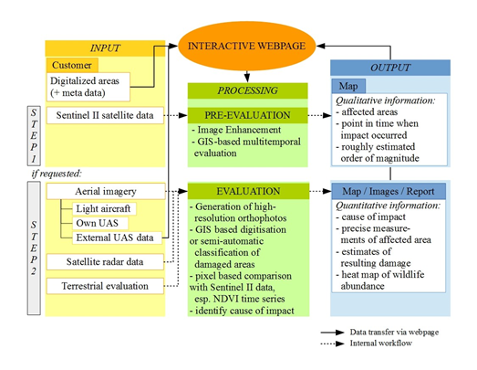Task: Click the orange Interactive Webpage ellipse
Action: tap(247, 46)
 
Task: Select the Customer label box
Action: tap(72, 65)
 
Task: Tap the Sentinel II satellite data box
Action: tap(105, 115)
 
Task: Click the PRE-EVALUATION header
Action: tap(247, 115)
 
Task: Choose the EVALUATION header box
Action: tap(248, 191)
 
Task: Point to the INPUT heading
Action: tap(105, 48)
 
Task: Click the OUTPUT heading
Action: tap(390, 68)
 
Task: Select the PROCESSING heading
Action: tap(247, 90)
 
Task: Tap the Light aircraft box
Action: tap(104, 209)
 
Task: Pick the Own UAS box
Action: tap(100, 223)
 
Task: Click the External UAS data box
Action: tap(117, 238)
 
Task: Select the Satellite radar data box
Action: tap(105, 262)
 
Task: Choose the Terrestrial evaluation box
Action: tap(105, 286)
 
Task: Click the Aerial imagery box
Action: tap(106, 191)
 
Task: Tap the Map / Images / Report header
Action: tap(389, 191)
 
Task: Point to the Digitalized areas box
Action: tap(88, 87)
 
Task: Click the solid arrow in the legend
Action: tap(333, 333)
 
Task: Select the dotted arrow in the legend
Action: tap(333, 344)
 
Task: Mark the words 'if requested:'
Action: tap(57, 174)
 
